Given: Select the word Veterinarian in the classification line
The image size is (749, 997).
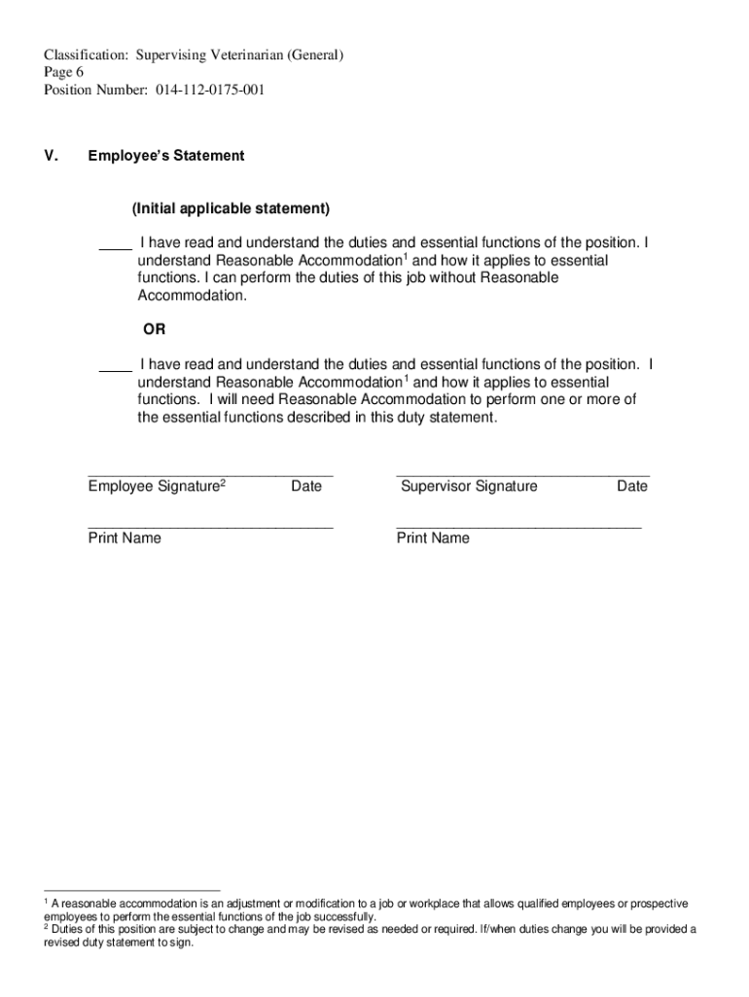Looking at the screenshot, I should pos(244,55).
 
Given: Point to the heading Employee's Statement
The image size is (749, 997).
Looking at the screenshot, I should pos(166,156).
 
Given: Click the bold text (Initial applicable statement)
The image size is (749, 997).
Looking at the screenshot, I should pos(232,209).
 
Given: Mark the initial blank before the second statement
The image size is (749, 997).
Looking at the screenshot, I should pos(116,369).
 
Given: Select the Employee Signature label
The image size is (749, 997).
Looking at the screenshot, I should pos(154,487).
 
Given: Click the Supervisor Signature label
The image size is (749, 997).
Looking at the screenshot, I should pos(469,486).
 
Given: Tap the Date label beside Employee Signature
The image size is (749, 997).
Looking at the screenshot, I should pos(305,486).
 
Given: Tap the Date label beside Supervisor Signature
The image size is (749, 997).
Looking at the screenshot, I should pos(631,486).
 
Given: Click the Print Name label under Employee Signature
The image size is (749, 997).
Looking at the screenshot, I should pos(125,538).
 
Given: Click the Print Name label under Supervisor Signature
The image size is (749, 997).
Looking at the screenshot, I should pos(433,538).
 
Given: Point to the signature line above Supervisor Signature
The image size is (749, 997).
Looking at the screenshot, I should pos(522,475).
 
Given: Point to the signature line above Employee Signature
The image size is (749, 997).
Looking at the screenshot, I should pos(210,475).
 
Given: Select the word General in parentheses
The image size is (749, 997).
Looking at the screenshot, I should pos(312,55).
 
